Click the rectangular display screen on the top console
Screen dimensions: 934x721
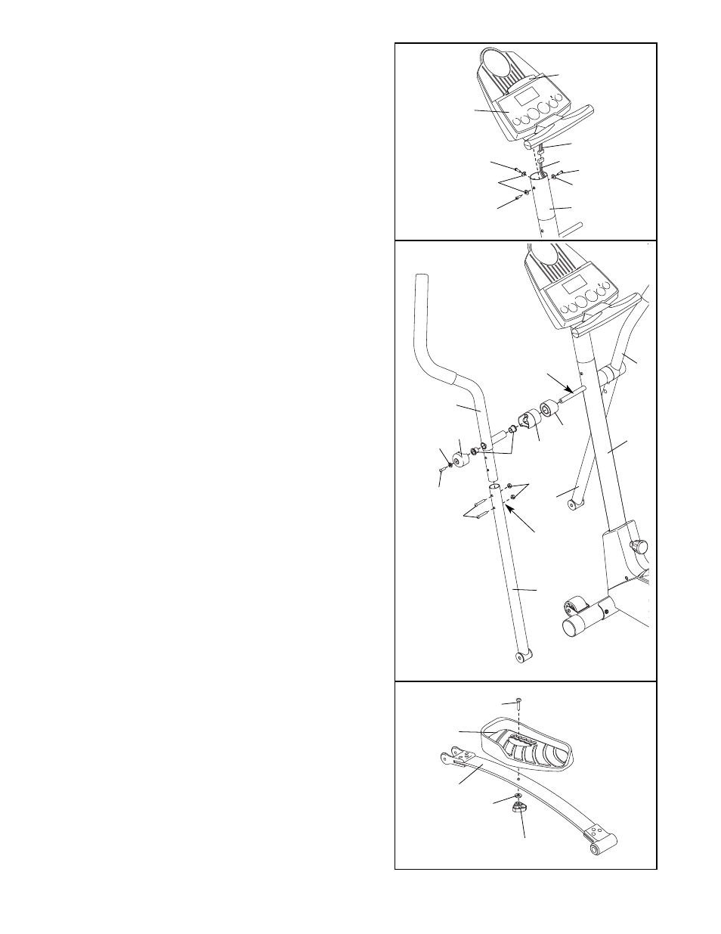pos(526,98)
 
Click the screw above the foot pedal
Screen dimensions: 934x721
pos(518,701)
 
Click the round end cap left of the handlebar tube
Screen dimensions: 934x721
pos(458,460)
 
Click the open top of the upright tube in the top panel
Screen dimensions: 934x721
pos(539,176)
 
